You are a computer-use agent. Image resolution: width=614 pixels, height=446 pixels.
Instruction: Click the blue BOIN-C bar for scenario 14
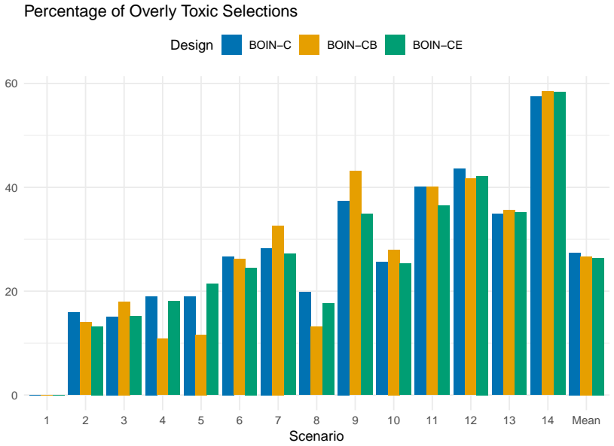tap(536, 246)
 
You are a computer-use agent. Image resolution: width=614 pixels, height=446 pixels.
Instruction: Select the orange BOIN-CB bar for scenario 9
tap(356, 283)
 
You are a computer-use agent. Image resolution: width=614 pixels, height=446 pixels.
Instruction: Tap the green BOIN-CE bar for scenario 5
tap(212, 339)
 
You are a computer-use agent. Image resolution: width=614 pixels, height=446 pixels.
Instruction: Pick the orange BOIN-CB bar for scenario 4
tap(163, 367)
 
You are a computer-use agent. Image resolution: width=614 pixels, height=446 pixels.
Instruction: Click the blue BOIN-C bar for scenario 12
tap(460, 282)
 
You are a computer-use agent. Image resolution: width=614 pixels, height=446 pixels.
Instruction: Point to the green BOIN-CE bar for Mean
tap(598, 326)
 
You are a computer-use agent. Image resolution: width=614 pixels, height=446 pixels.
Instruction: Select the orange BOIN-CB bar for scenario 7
tap(278, 311)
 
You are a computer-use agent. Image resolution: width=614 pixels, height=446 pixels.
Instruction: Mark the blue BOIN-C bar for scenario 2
tap(74, 353)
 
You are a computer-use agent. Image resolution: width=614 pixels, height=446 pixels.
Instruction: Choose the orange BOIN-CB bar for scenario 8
tap(316, 361)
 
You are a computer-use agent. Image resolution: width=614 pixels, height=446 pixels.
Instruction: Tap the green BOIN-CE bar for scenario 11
tap(444, 300)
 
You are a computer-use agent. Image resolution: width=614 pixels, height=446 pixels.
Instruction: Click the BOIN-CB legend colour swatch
tap(309, 44)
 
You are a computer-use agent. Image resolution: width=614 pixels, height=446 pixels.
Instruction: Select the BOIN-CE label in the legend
tap(438, 45)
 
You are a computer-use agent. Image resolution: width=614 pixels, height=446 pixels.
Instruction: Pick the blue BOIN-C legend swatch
tap(231, 44)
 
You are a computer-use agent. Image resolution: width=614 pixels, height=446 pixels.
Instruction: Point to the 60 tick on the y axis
tap(11, 83)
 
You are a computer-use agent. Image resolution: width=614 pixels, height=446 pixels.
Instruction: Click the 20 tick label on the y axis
tap(11, 291)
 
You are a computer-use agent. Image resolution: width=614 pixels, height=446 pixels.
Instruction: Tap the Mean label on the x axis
tap(586, 420)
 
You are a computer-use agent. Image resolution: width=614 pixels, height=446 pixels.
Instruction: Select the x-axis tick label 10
tap(393, 420)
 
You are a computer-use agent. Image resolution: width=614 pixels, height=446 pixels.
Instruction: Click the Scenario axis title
tap(316, 435)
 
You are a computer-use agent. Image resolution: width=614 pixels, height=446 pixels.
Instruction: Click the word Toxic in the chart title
tap(202, 11)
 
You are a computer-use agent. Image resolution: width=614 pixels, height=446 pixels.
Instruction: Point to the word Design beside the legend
tap(191, 45)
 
